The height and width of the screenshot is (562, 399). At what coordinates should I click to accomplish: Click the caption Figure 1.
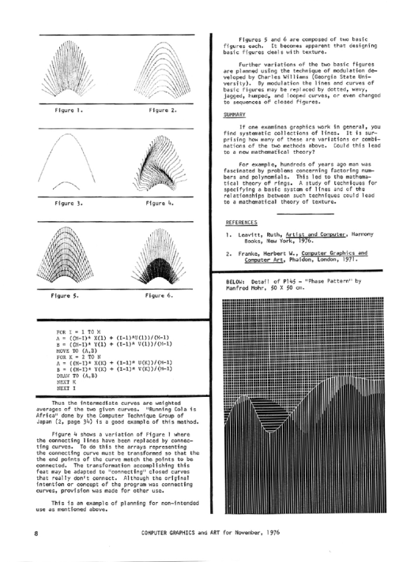point(68,110)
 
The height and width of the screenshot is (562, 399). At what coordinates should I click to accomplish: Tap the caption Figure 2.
point(162,110)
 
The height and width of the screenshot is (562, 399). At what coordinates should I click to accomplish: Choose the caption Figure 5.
point(66,294)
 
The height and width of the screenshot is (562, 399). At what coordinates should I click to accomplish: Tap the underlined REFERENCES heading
point(242,222)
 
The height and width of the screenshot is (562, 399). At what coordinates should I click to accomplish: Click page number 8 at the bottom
point(35,533)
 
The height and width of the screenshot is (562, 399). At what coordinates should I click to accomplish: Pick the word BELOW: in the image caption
point(236,282)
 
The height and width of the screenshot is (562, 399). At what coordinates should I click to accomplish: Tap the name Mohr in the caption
point(256,288)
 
